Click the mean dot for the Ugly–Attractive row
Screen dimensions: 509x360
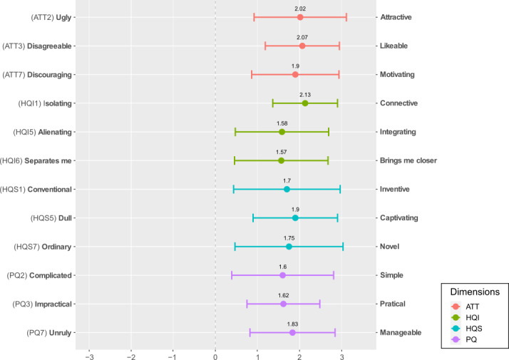click(x=300, y=17)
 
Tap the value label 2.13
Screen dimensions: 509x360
click(x=305, y=95)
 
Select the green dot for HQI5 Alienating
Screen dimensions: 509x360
click(x=282, y=132)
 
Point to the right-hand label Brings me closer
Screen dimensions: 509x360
click(x=408, y=160)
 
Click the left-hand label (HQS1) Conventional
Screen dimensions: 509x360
click(x=36, y=189)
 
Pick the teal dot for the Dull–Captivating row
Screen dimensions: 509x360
click(x=295, y=218)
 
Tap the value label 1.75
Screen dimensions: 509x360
click(x=289, y=238)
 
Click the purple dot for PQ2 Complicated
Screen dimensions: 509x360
click(x=282, y=275)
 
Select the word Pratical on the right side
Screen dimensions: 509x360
click(x=393, y=304)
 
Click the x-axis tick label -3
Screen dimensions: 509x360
click(x=89, y=356)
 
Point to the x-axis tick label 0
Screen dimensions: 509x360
click(x=215, y=356)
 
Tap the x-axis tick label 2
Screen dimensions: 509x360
click(x=299, y=356)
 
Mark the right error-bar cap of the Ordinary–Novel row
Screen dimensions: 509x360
click(x=343, y=247)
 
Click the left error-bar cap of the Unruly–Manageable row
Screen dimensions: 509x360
click(x=250, y=333)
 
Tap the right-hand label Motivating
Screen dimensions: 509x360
click(x=397, y=74)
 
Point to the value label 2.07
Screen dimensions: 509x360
click(x=302, y=37)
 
